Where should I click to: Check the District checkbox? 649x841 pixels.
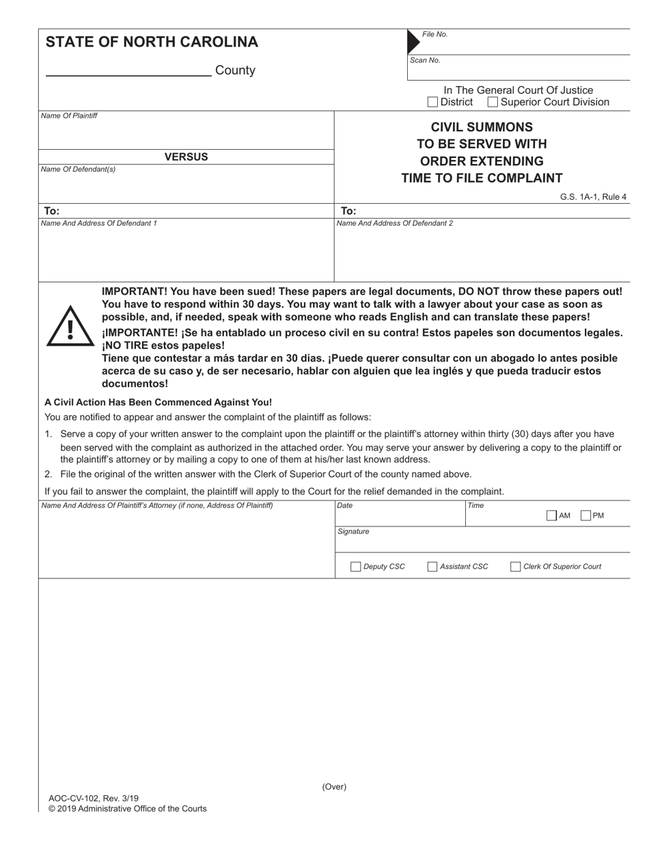(x=432, y=103)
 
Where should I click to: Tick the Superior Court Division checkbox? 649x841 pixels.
(x=493, y=103)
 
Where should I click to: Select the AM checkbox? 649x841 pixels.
(x=552, y=516)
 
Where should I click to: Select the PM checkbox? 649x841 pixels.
(x=585, y=516)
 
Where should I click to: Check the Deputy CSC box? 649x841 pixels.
(x=355, y=566)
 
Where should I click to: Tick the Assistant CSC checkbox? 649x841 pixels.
(x=432, y=566)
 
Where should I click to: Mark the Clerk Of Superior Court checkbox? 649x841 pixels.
(x=516, y=566)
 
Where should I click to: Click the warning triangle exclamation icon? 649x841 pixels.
(x=70, y=327)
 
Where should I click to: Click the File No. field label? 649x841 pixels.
(x=434, y=34)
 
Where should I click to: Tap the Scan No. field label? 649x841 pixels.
(x=425, y=60)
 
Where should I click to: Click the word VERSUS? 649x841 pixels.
(x=186, y=157)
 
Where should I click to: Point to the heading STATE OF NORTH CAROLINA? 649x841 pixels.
(x=152, y=42)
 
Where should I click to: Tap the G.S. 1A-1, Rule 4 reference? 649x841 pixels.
(x=593, y=197)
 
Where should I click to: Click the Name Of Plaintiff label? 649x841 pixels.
(x=69, y=116)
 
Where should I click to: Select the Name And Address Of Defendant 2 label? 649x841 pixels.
(x=394, y=223)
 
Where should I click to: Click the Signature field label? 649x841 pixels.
(x=353, y=531)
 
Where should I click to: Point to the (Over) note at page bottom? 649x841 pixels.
(x=334, y=786)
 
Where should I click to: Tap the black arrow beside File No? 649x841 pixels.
(x=413, y=42)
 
